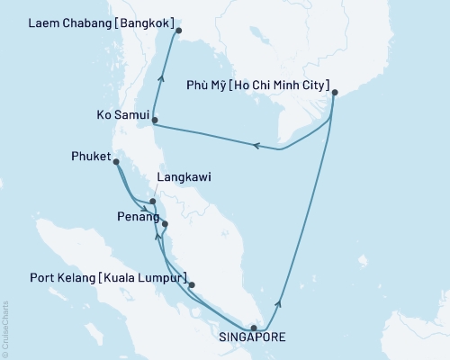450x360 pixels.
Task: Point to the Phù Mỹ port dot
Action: [334, 93]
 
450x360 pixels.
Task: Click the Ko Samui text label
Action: [121, 115]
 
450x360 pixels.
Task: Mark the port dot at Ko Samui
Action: [155, 120]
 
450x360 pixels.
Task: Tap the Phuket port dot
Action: [115, 162]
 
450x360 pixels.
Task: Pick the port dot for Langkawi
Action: [153, 202]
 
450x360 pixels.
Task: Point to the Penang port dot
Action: [164, 224]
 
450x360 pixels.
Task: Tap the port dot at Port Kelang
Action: [192, 284]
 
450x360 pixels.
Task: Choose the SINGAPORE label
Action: [254, 339]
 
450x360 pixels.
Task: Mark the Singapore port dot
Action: [254, 328]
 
